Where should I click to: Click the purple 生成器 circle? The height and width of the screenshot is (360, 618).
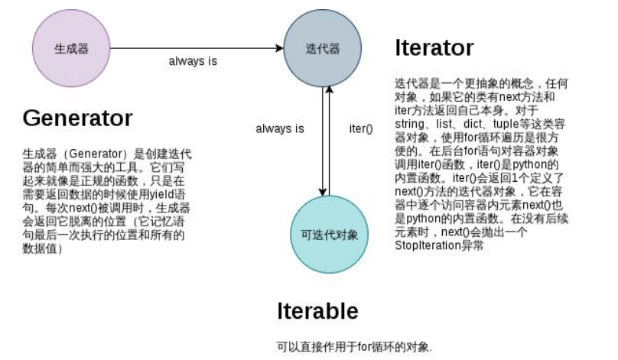point(70,47)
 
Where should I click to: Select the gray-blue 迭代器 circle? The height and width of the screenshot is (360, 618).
point(322,47)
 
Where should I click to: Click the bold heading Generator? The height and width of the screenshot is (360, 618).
point(77,118)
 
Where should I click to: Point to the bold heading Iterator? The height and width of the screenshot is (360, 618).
point(434,48)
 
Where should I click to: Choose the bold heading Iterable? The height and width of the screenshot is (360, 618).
point(317,311)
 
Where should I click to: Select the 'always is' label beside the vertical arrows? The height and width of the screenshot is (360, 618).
point(280,128)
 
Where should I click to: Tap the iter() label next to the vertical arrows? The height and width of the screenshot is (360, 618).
point(360,128)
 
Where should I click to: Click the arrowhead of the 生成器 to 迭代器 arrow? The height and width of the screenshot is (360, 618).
point(280,48)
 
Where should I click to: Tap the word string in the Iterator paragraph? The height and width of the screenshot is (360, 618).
point(410,122)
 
